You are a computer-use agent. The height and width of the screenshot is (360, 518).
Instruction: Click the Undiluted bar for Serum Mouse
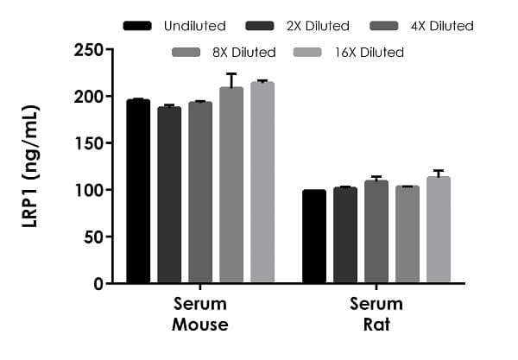(138, 192)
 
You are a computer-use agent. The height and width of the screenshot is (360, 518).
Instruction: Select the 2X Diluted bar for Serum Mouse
(169, 195)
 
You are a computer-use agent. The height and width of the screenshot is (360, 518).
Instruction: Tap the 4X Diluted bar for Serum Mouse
(200, 193)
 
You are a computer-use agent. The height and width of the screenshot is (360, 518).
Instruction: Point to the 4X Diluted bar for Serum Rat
(376, 232)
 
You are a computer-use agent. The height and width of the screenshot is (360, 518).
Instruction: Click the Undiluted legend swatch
(137, 26)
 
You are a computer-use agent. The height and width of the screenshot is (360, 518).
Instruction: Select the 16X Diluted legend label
(369, 53)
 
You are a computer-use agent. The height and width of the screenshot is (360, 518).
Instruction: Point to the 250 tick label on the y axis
(89, 50)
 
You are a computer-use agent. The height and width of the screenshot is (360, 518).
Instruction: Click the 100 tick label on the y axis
(89, 190)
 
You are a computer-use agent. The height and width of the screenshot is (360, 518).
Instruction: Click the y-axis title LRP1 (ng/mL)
(30, 166)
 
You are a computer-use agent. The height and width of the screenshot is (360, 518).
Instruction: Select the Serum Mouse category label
(200, 314)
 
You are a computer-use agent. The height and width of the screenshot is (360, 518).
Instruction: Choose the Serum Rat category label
(376, 314)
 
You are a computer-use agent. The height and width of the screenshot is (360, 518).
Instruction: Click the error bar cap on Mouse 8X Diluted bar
(231, 74)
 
